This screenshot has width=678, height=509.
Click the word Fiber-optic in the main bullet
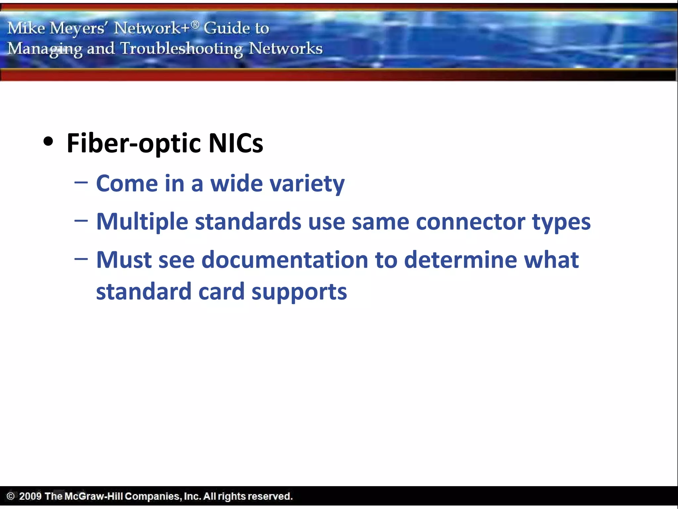click(134, 143)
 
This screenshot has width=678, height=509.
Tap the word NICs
click(236, 143)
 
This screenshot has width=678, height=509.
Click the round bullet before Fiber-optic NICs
click(48, 142)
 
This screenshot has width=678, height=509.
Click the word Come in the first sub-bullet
click(127, 184)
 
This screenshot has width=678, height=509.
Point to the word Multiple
click(142, 222)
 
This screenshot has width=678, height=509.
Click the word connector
click(470, 222)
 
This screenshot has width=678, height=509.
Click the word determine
click(460, 260)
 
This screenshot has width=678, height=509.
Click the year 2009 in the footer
click(30, 496)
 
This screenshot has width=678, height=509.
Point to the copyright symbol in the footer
click(11, 496)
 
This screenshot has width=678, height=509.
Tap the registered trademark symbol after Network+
click(195, 24)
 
